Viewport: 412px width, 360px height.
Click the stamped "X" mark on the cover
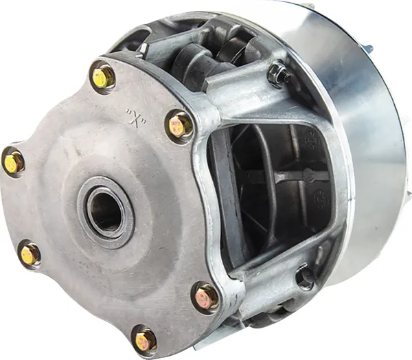pyautogui.click(x=137, y=117)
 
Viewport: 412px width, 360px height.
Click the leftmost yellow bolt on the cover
pyautogui.click(x=12, y=161)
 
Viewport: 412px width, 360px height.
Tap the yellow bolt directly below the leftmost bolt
pyautogui.click(x=30, y=253)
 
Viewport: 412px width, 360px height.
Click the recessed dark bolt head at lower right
pyautogui.click(x=305, y=277)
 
